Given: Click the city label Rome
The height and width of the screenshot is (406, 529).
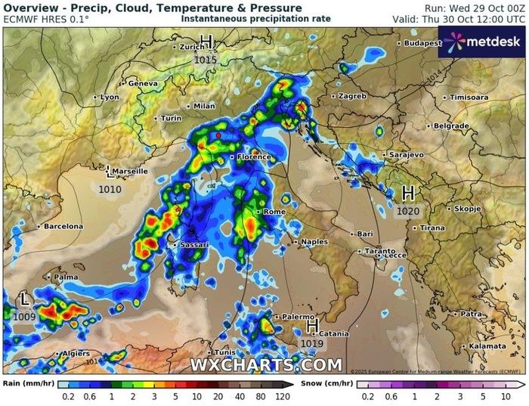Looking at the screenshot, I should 274,212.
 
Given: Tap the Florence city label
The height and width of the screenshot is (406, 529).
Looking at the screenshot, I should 253,157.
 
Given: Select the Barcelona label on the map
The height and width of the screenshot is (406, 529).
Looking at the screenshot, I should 63,226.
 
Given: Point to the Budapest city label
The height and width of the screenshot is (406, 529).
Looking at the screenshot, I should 422,44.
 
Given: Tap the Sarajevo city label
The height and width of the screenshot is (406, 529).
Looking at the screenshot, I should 406,155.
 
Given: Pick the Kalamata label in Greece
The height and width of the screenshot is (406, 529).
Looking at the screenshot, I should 487,346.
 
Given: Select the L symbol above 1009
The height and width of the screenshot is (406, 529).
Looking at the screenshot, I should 25,301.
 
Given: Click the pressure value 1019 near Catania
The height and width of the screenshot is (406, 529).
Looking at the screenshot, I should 312,344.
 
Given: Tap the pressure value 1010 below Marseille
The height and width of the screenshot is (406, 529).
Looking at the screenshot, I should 110,190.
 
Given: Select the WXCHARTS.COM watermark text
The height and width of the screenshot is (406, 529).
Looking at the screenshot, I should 266,365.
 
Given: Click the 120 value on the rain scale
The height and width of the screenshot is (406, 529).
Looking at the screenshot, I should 283,395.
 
